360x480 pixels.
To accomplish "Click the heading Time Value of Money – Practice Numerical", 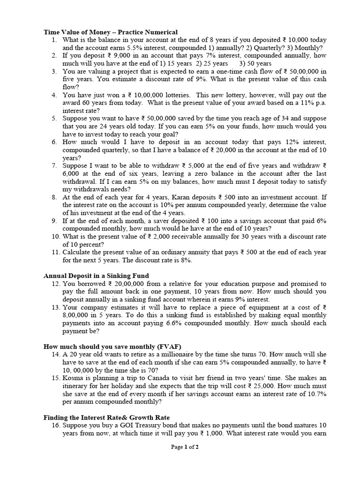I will click(x=111, y=32).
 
